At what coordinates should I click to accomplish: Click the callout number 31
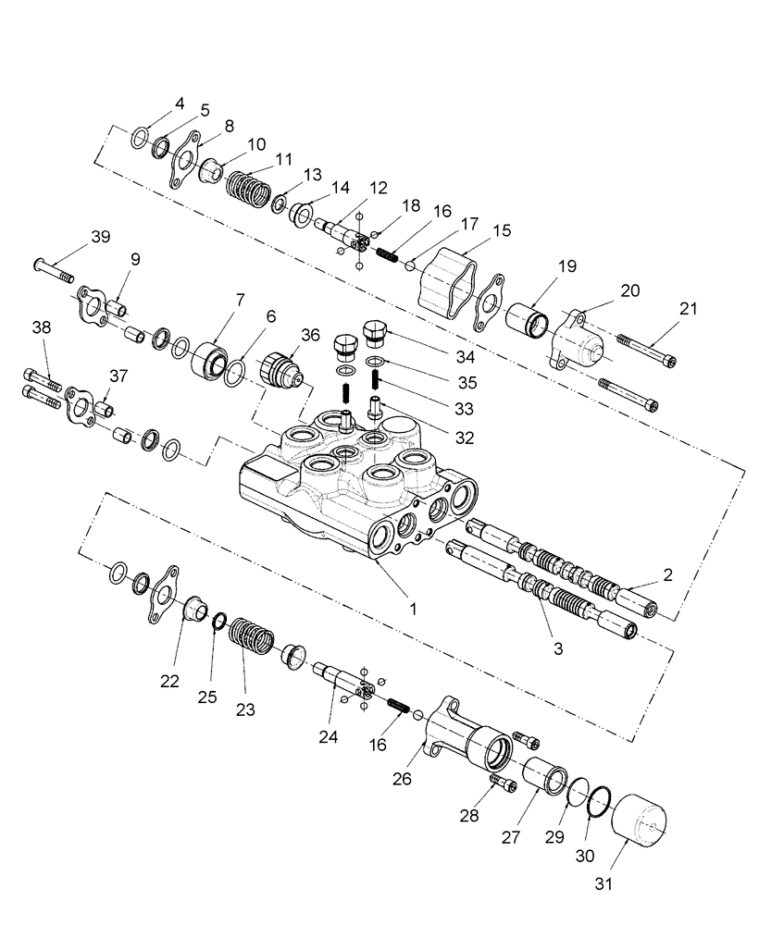click(603, 883)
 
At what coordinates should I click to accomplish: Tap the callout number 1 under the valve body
click(414, 609)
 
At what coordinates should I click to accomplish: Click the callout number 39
click(99, 237)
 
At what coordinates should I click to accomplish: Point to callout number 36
click(311, 337)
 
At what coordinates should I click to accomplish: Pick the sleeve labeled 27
click(543, 773)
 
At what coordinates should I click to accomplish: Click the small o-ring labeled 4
click(138, 139)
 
